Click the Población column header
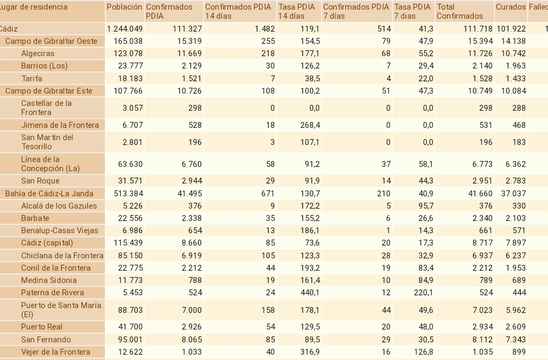(x=124, y=7)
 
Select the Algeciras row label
(x=37, y=53)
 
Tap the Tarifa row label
(x=32, y=78)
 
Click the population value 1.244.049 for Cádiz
(x=124, y=29)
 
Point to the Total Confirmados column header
(x=453, y=11)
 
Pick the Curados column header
(x=511, y=7)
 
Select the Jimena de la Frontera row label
(x=60, y=125)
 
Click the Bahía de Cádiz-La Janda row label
(x=49, y=194)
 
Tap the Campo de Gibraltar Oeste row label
(x=51, y=41)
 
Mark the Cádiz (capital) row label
(x=47, y=243)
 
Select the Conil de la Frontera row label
(x=56, y=268)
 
